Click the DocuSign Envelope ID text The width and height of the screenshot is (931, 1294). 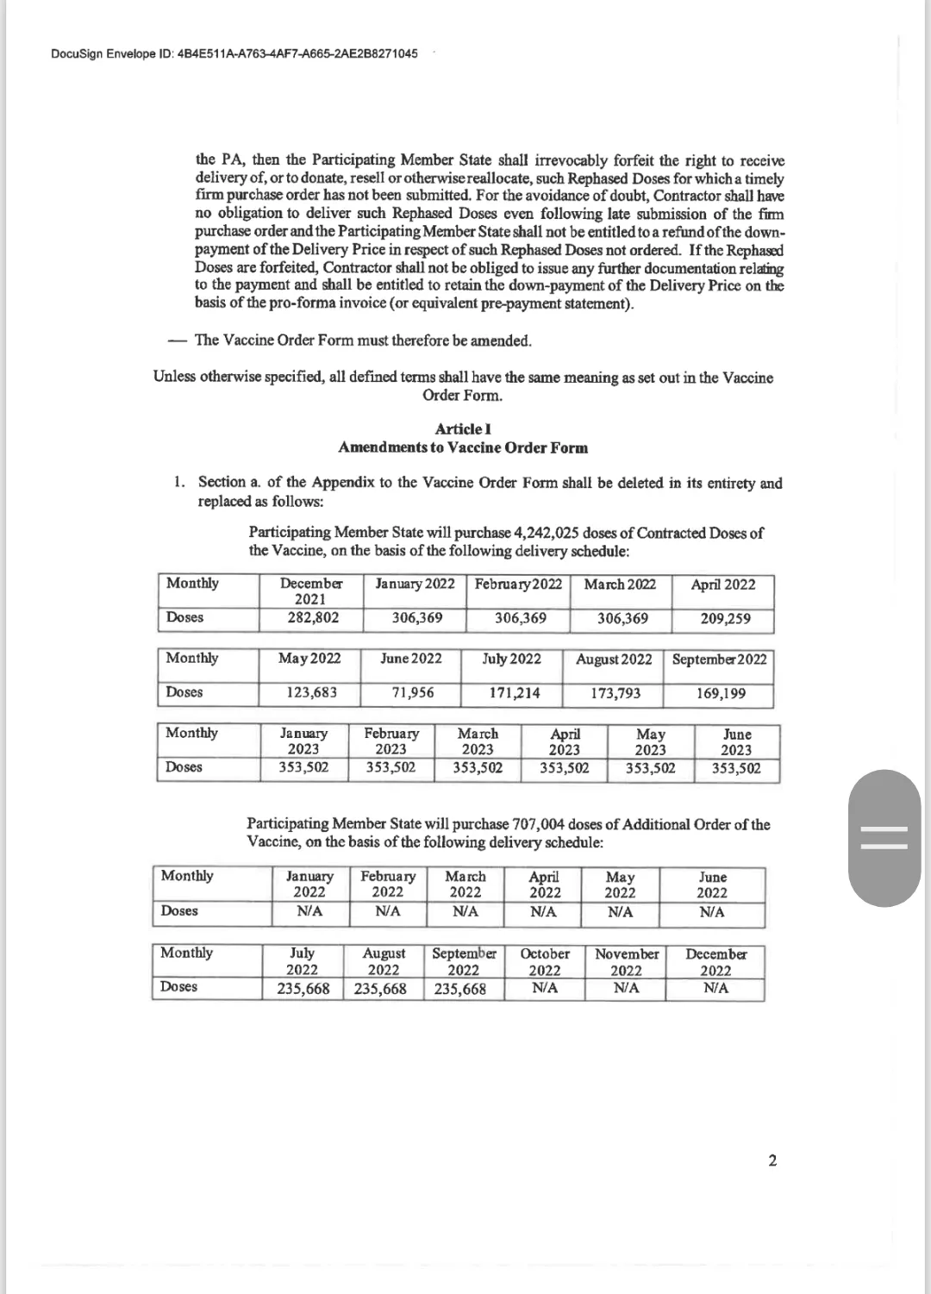pos(234,53)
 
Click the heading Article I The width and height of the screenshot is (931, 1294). pos(464,429)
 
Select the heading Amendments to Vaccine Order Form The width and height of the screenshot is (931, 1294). pos(464,447)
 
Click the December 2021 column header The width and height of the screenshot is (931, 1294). pos(310,591)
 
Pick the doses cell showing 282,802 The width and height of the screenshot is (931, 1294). pos(312,618)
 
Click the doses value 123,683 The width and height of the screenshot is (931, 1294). pos(311,692)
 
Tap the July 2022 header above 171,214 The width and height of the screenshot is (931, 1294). pos(512,659)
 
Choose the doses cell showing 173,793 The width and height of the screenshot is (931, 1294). pos(616,692)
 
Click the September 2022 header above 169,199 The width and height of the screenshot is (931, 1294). pos(719,659)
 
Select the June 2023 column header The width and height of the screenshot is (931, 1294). pos(737,741)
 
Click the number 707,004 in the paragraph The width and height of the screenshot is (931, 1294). pos(540,824)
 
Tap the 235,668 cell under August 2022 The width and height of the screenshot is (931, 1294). pos(381,989)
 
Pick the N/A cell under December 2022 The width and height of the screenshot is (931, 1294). pos(715,988)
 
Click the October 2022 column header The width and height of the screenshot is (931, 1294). pos(545,962)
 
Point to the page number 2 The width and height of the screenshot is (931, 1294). pos(772,1160)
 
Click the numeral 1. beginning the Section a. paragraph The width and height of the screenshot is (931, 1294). pos(179,483)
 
